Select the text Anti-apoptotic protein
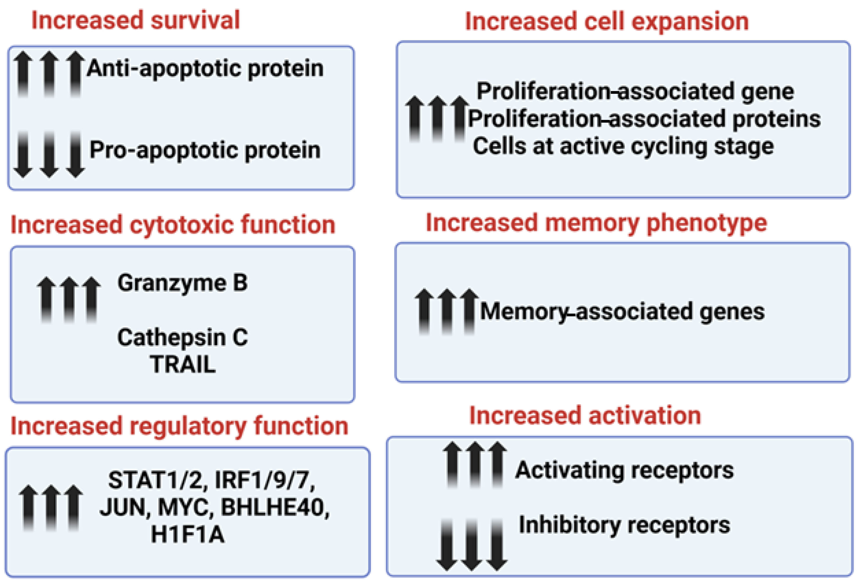click(x=205, y=69)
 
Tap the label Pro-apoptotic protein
click(x=205, y=150)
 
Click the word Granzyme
click(x=172, y=283)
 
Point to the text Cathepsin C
click(x=182, y=337)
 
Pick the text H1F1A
click(x=188, y=535)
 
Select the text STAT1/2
click(x=155, y=481)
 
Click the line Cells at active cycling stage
click(x=623, y=146)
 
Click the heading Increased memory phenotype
click(x=596, y=223)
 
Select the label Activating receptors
click(x=624, y=470)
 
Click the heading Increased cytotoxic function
click(x=173, y=225)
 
